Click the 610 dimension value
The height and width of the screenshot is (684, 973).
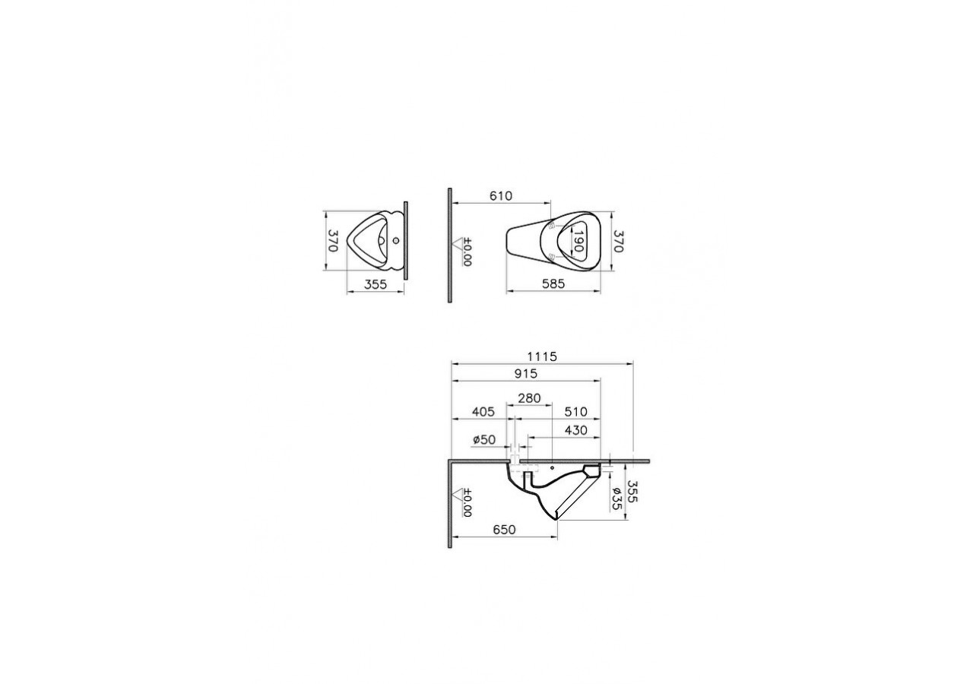pyautogui.click(x=500, y=196)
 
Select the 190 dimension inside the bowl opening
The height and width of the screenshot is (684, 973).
pyautogui.click(x=578, y=242)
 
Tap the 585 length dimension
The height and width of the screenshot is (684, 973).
pyautogui.click(x=553, y=284)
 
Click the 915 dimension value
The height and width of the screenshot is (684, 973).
pyautogui.click(x=525, y=373)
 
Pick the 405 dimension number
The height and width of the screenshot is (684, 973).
pyautogui.click(x=483, y=411)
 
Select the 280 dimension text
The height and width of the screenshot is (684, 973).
pyautogui.click(x=529, y=397)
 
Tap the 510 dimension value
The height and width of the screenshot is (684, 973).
pyautogui.click(x=575, y=411)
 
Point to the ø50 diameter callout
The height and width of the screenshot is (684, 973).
pyautogui.click(x=483, y=440)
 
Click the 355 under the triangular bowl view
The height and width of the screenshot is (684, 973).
pyautogui.click(x=376, y=284)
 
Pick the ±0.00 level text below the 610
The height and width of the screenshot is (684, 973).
pyautogui.click(x=467, y=250)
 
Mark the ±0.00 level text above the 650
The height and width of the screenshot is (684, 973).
pyautogui.click(x=467, y=502)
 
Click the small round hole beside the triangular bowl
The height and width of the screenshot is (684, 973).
pyautogui.click(x=396, y=241)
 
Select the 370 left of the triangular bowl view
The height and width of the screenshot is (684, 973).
pyautogui.click(x=332, y=242)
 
